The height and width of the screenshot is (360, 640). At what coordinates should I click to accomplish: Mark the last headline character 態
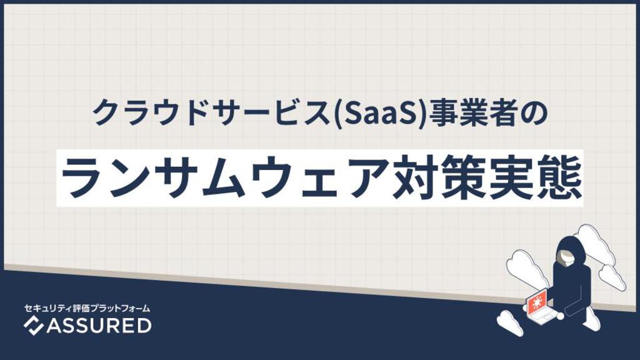[x=559, y=177]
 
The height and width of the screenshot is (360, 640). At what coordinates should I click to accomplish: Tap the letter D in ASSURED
[x=144, y=326]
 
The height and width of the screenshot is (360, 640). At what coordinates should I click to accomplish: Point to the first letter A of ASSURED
[x=54, y=326]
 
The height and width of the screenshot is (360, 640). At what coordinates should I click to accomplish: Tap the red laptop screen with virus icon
[x=536, y=302]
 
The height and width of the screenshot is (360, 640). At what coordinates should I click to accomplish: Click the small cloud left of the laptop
[x=510, y=322]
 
